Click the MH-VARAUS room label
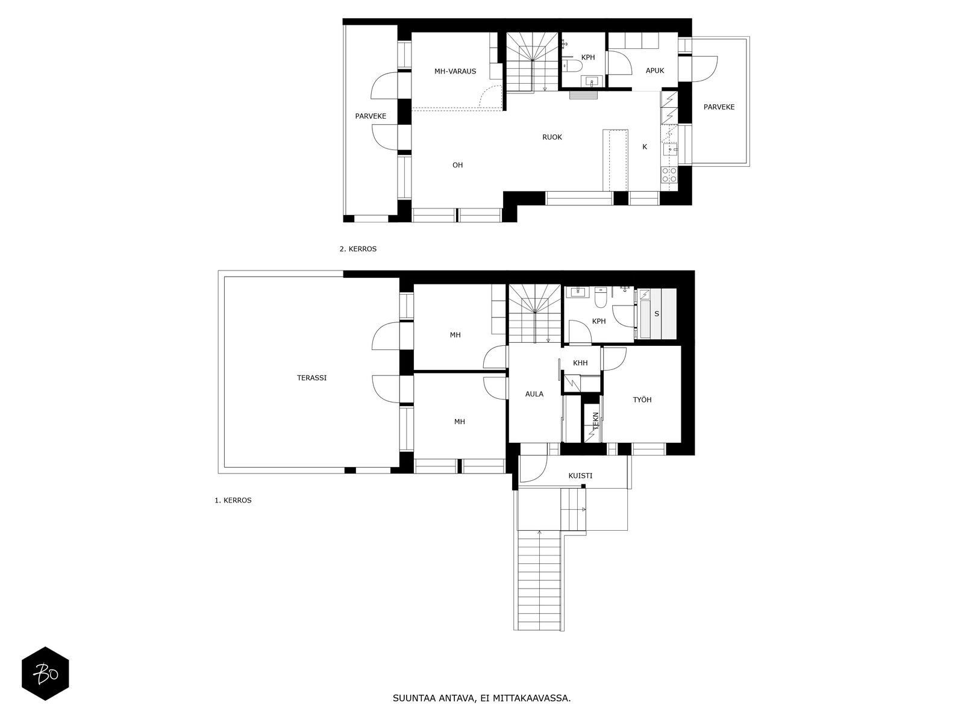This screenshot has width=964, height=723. [455, 71]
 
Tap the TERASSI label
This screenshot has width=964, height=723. [311, 378]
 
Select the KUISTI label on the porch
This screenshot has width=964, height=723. [580, 475]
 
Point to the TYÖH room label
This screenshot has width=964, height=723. [642, 399]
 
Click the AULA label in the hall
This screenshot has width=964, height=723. [534, 394]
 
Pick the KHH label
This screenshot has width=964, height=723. [580, 363]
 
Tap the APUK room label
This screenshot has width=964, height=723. [655, 70]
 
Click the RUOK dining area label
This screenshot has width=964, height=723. [552, 137]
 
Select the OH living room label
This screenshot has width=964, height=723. [458, 165]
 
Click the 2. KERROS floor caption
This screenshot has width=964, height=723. [358, 249]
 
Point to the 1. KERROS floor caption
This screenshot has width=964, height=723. [233, 500]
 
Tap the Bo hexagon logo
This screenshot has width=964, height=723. [45, 674]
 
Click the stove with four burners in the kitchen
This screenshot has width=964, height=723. [669, 175]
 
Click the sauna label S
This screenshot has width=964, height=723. [657, 313]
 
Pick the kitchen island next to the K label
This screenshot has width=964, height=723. [615, 160]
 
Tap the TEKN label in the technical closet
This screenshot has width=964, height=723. [595, 421]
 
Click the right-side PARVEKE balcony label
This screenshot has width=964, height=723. [719, 107]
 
